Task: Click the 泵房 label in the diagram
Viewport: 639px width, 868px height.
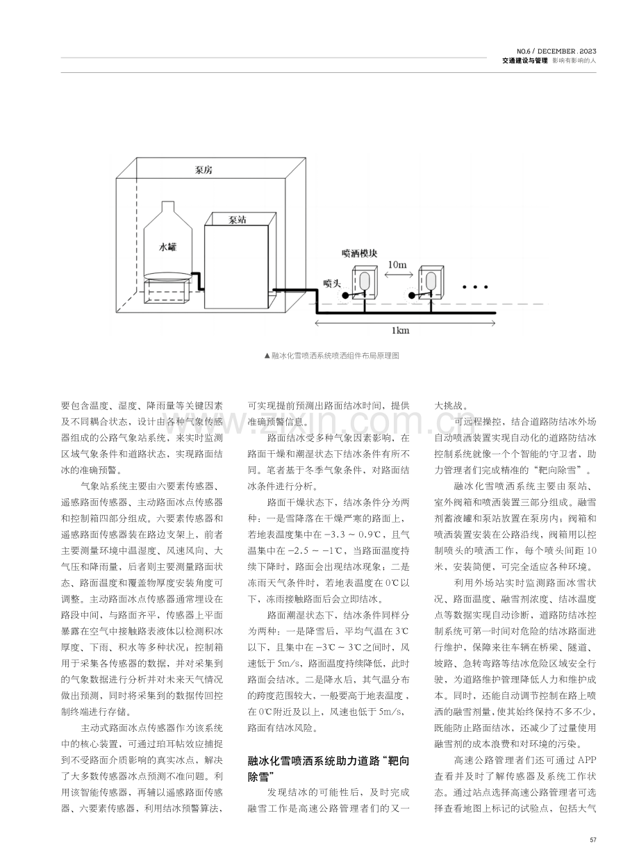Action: coord(204,170)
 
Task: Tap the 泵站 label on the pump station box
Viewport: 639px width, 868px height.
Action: coord(238,220)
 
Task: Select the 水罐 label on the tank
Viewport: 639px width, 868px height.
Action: coord(167,247)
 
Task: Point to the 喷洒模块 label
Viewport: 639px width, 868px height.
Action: coord(359,254)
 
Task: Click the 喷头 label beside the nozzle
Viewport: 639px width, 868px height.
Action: coord(332,284)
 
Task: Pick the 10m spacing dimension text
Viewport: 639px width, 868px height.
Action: coord(397,265)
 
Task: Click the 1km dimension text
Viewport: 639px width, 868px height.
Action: coord(401,331)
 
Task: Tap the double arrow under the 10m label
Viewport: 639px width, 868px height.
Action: coord(399,275)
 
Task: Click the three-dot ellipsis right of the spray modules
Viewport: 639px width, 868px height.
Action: coord(475,287)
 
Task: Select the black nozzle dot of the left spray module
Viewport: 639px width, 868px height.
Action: coord(345,295)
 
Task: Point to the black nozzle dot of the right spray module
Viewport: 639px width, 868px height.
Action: coord(412,295)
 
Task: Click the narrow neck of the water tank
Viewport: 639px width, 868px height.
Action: coord(167,206)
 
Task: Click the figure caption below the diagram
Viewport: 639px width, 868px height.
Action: coord(331,356)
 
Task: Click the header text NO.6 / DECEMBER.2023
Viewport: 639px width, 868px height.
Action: coord(556,51)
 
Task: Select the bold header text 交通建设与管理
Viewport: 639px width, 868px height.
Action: coord(525,61)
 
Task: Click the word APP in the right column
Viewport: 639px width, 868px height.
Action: coord(587,760)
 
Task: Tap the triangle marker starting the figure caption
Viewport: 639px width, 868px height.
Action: coord(267,356)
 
